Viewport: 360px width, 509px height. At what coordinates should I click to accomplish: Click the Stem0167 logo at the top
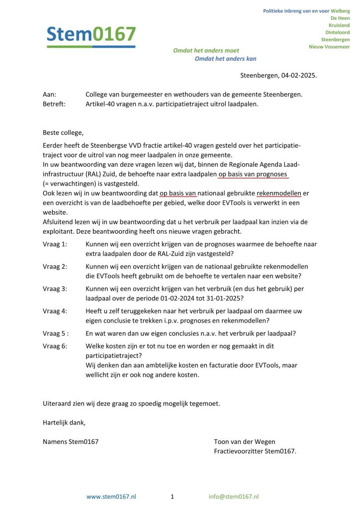pyautogui.click(x=90, y=35)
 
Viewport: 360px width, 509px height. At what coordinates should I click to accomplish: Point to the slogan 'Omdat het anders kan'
pyautogui.click(x=225, y=59)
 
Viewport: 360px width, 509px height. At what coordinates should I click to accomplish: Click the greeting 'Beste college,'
pyautogui.click(x=63, y=133)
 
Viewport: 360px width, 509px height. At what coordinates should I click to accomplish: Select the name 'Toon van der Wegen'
pyautogui.click(x=244, y=441)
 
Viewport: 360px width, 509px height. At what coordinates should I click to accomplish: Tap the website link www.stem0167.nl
pyautogui.click(x=111, y=497)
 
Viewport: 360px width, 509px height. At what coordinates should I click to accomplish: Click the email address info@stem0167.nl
pyautogui.click(x=233, y=497)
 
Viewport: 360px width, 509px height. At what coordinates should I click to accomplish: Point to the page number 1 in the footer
pyautogui.click(x=172, y=497)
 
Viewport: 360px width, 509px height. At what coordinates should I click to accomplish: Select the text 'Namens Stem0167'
pyautogui.click(x=71, y=441)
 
